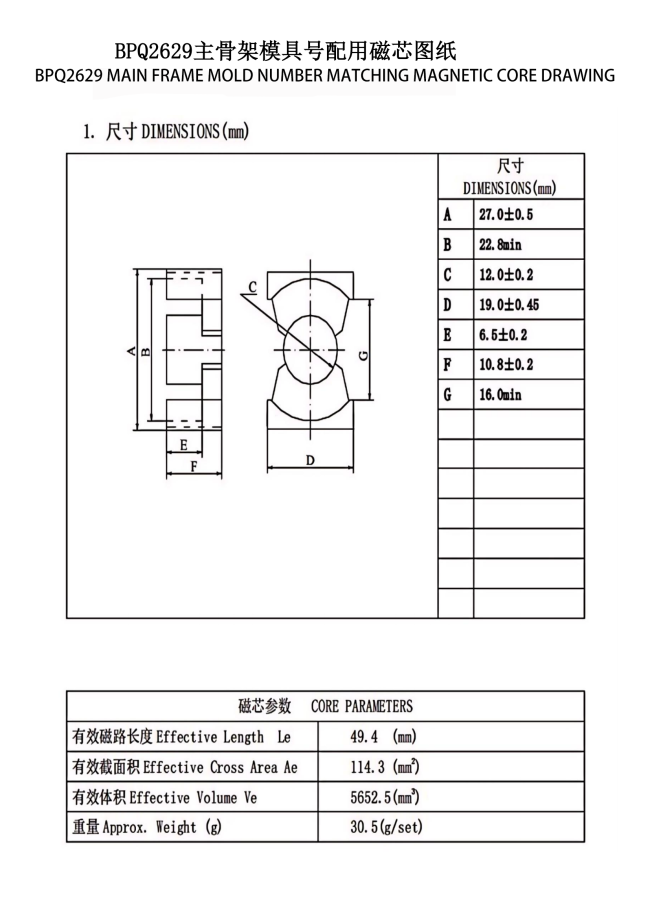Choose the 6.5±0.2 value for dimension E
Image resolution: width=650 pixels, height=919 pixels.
click(x=502, y=335)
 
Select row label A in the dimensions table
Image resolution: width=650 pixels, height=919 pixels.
click(x=448, y=215)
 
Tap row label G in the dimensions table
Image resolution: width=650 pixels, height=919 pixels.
click(x=448, y=395)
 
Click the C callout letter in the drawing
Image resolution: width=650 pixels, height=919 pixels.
click(x=253, y=287)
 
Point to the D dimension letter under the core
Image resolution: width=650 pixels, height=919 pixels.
click(x=311, y=459)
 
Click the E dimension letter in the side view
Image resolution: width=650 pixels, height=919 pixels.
click(x=184, y=443)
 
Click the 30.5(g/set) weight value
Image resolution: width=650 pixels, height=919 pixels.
click(x=383, y=828)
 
